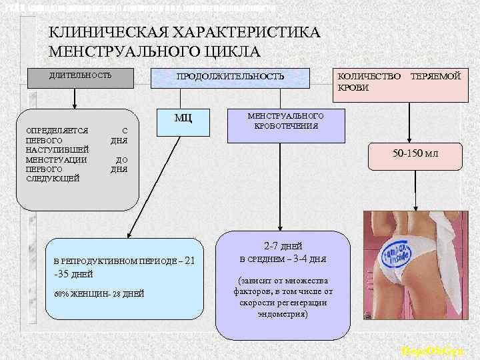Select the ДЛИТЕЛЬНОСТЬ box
79,75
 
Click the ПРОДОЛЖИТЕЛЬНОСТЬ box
229,77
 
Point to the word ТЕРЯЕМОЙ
436,77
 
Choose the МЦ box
183,119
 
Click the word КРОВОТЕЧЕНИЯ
285,125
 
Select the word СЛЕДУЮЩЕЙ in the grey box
52,178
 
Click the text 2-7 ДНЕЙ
283,245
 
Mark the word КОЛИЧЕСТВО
369,77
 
